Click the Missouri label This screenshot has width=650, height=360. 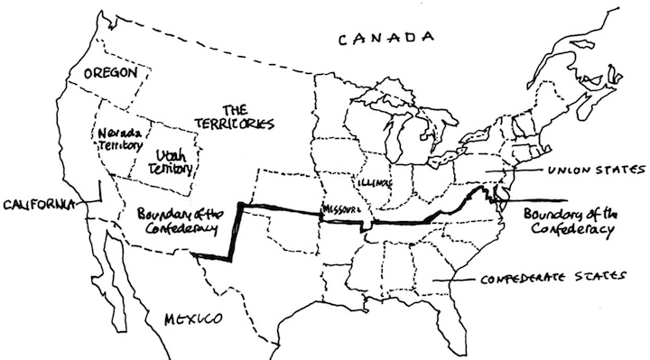(x=340, y=211)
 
